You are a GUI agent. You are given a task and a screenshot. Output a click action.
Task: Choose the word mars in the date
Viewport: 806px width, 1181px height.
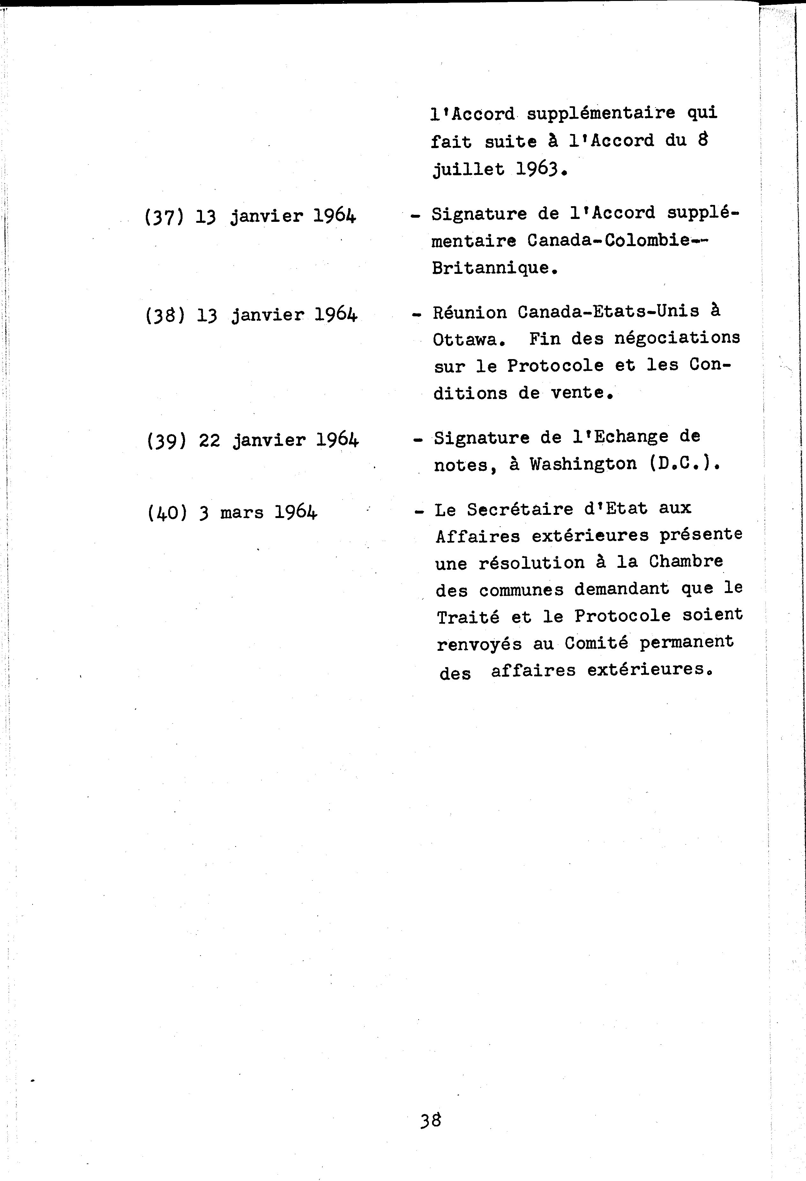(242, 513)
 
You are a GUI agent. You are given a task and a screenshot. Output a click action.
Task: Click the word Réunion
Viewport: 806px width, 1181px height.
(470, 312)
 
